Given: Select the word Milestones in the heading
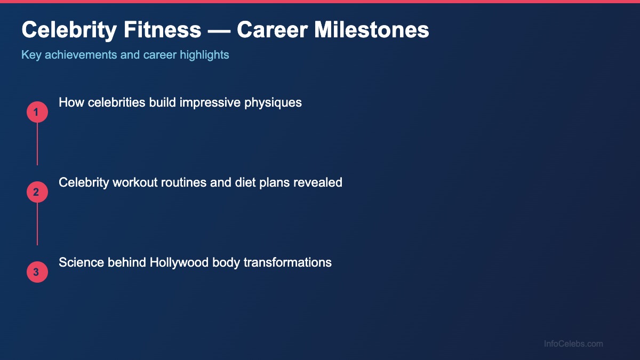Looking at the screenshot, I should coord(371,30).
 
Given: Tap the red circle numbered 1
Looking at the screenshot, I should coord(37,113).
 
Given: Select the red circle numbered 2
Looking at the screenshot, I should coord(37,193).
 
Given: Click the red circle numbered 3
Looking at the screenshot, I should coord(37,273).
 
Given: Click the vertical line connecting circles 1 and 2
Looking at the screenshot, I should coord(37,144).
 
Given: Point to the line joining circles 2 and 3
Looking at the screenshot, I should coord(37,224).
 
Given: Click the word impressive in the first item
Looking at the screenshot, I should coord(210,103).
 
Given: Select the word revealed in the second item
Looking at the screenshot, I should coord(318,182).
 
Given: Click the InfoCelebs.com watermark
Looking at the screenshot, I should coord(573,344).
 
